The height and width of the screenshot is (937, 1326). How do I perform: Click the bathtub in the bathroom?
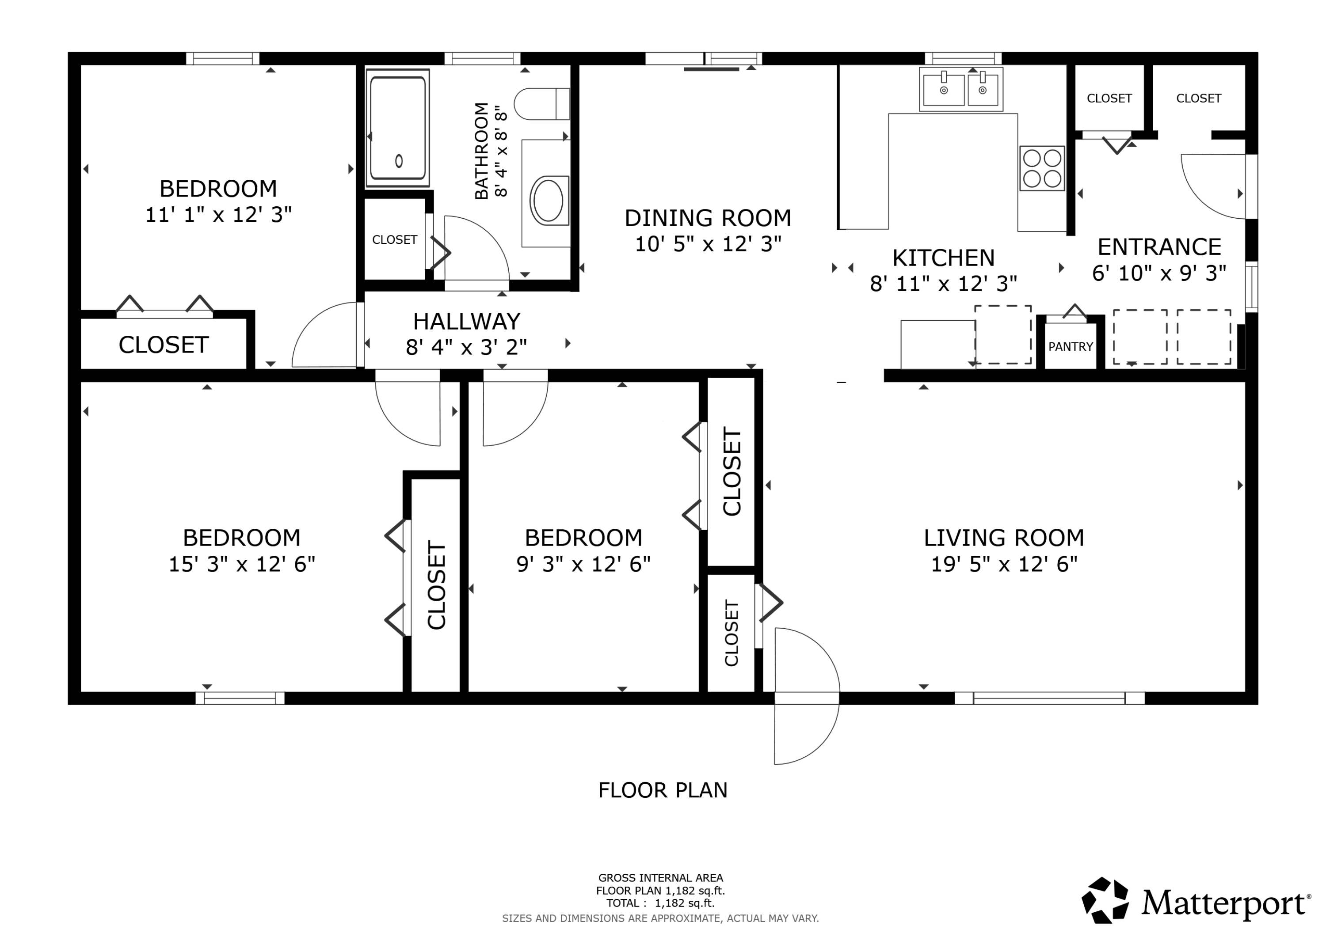[x=398, y=128]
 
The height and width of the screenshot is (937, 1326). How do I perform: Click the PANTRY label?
[x=1071, y=346]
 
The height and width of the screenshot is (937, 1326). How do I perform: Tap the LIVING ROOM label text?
[x=1004, y=538]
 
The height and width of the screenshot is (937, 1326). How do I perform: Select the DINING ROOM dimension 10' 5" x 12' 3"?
[x=708, y=244]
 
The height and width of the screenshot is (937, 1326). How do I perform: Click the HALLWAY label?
[x=467, y=321]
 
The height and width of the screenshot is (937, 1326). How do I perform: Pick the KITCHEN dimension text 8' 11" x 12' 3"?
[x=944, y=284]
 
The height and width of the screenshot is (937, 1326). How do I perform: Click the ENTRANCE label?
[x=1159, y=247]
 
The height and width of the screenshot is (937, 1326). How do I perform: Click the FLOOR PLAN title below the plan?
[x=663, y=790]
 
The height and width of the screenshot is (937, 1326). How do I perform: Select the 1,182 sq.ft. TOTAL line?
[x=660, y=903]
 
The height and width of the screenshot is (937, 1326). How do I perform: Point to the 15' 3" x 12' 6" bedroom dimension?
[x=242, y=564]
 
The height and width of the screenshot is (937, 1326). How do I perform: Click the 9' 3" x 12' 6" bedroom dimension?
[x=583, y=564]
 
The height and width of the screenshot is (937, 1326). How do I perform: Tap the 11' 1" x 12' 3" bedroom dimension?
[x=218, y=215]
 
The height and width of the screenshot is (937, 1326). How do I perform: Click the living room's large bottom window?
[x=1049, y=698]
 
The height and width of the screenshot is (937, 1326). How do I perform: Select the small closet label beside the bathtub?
[x=394, y=239]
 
